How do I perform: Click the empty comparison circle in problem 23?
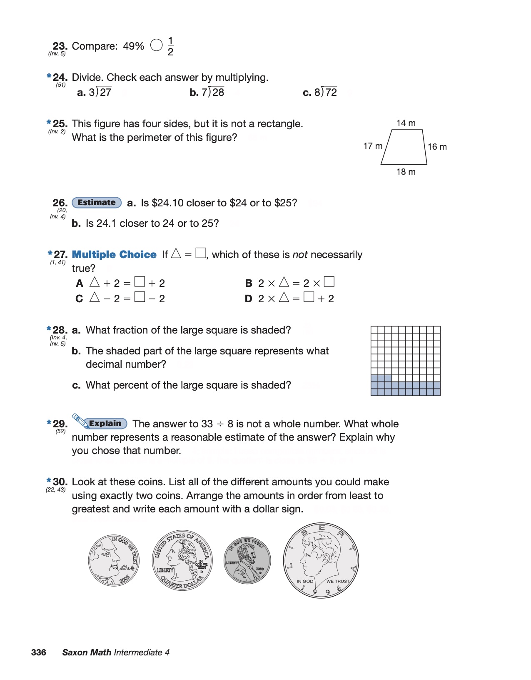point(156,45)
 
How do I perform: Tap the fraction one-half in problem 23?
point(170,46)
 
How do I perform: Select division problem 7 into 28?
point(213,92)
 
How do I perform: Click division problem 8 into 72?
point(326,92)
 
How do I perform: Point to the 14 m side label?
point(406,123)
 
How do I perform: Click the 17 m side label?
point(373,146)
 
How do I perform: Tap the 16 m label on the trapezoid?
point(437,147)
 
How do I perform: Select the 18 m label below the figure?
point(406,172)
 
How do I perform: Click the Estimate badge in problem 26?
point(97,203)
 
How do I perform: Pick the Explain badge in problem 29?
point(105,424)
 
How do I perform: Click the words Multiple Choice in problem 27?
point(114,255)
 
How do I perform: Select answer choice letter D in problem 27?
point(248,299)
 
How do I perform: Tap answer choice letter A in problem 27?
point(80,284)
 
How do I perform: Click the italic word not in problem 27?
point(300,255)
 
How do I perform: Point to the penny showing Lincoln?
point(247,560)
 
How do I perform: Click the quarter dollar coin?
point(182,560)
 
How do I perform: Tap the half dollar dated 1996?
point(321,560)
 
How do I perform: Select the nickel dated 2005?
point(114,560)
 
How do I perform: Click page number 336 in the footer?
point(39,652)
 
